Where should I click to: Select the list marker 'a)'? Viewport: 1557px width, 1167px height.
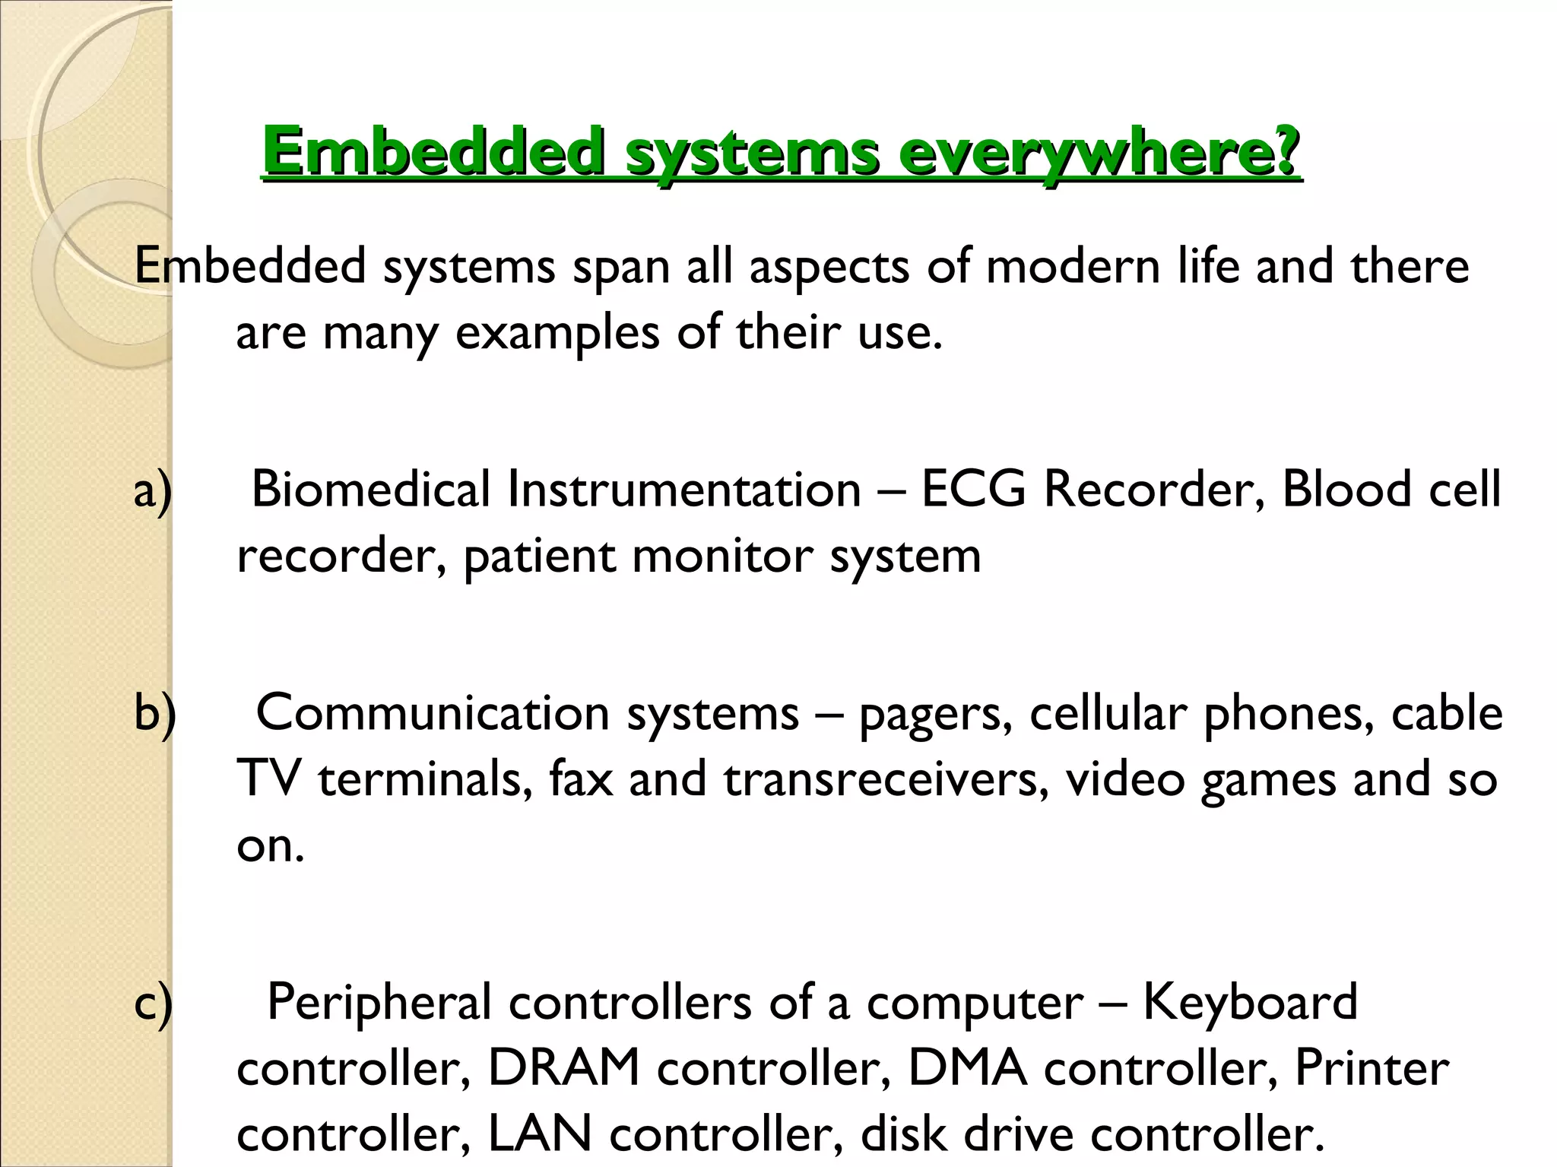tap(153, 490)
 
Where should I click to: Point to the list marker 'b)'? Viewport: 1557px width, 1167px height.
tap(154, 714)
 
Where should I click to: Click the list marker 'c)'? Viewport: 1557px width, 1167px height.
tap(153, 1003)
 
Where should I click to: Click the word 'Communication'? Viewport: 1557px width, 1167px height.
tap(433, 713)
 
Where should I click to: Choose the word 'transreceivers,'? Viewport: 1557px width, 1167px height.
tap(886, 779)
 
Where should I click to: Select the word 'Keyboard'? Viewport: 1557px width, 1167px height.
tap(1250, 1002)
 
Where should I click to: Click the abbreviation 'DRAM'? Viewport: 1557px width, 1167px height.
tap(563, 1068)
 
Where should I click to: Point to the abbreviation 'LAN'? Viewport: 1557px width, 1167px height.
tap(539, 1134)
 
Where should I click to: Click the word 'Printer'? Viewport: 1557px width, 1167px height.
tap(1371, 1068)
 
